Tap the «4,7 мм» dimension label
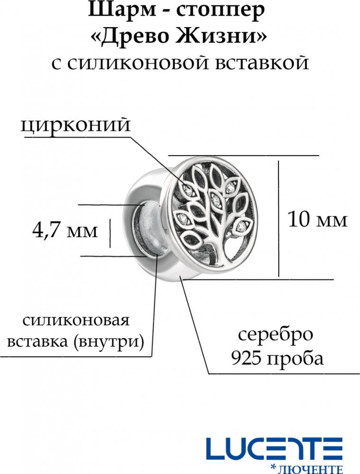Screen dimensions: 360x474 (65, 231)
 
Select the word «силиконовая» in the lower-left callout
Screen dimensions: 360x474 (76, 321)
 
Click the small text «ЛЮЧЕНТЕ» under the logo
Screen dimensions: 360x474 (310, 469)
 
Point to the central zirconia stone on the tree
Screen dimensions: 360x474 (216, 200)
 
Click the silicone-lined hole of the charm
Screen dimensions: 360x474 (150, 230)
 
